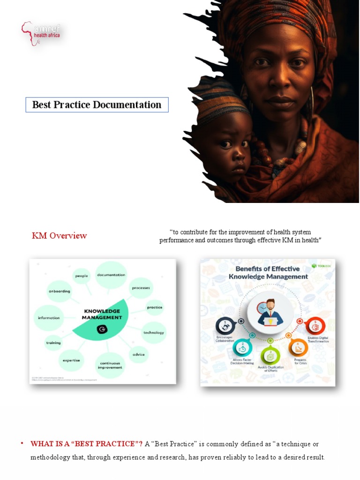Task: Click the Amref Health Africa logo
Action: point(41,33)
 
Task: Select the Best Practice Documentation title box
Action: point(97,105)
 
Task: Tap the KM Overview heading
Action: point(59,235)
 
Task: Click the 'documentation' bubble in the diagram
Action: point(111,275)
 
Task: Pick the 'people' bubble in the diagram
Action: point(82,276)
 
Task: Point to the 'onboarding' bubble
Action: point(60,291)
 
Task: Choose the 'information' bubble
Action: point(49,318)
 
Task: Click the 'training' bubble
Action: point(53,343)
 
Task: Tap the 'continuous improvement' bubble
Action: point(110,365)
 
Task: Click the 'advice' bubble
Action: point(138,354)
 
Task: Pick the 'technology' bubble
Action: point(154,332)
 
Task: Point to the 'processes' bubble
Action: point(141,287)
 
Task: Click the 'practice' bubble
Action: point(155,307)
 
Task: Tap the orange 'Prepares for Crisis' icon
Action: point(298,347)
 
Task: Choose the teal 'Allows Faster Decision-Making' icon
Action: point(242,347)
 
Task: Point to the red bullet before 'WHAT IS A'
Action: point(22,443)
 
